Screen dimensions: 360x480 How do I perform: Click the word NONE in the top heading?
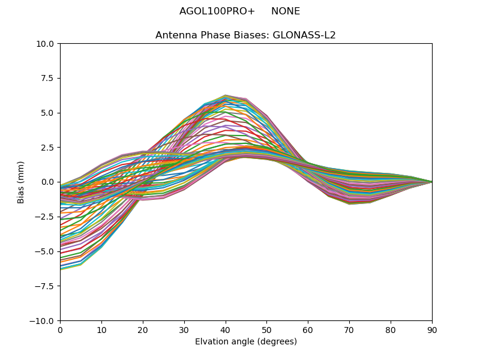click(x=286, y=11)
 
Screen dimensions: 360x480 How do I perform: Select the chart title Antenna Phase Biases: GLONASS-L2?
click(x=245, y=35)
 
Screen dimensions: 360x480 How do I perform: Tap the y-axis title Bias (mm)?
click(x=21, y=182)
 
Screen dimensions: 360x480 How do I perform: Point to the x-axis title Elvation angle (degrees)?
click(x=246, y=342)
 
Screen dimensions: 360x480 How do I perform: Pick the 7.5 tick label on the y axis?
click(x=47, y=78)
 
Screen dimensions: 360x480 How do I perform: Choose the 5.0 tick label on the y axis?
click(x=47, y=113)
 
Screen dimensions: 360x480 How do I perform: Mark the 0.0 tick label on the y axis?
click(x=47, y=182)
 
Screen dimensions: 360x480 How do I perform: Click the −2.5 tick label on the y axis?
click(x=45, y=217)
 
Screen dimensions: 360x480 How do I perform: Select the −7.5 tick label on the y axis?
click(x=45, y=286)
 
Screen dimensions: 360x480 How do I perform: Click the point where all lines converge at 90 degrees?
click(x=432, y=182)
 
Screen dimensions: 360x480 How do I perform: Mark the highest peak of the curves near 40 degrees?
click(x=226, y=95)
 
